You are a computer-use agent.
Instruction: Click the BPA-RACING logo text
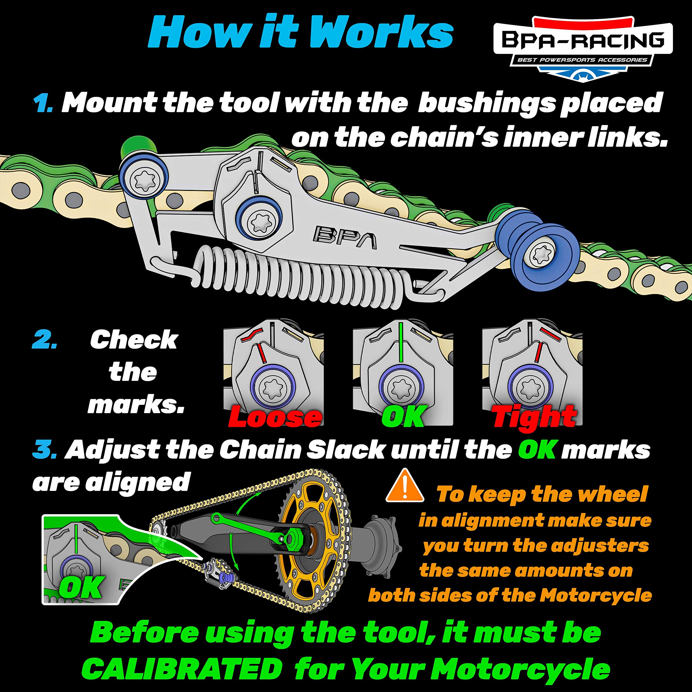point(583,40)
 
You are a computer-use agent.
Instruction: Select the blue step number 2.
point(44,340)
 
